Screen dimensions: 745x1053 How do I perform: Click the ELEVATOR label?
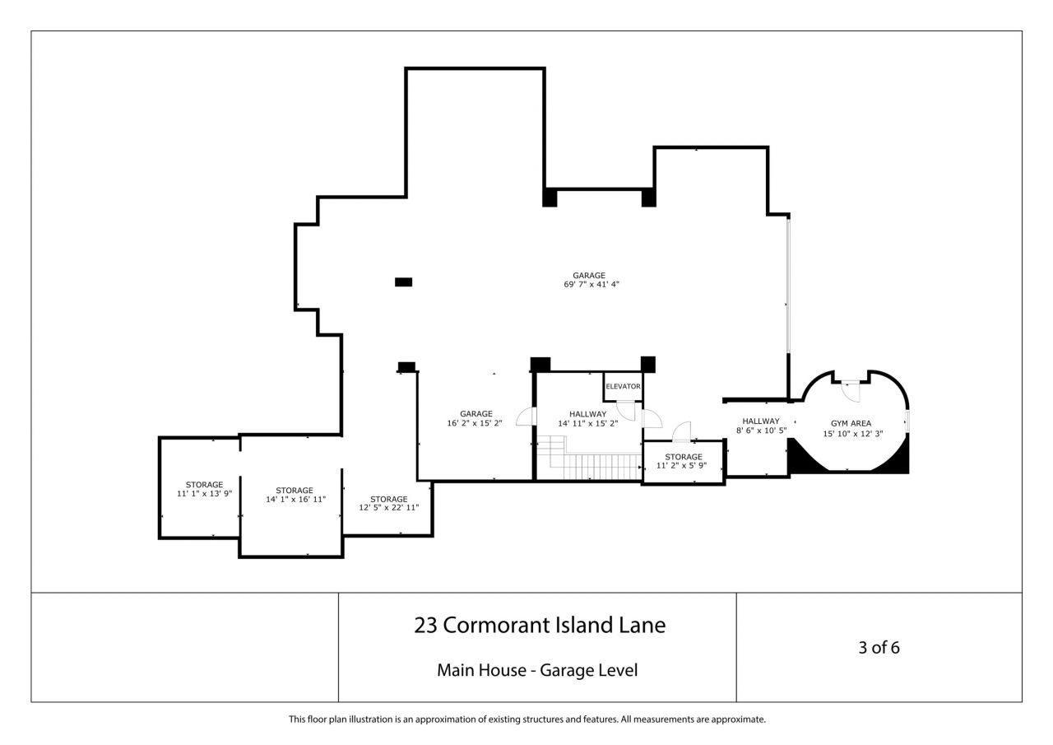coord(623,386)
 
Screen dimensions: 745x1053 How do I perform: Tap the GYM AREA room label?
coord(851,423)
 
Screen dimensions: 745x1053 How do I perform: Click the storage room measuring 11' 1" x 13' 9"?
coord(204,489)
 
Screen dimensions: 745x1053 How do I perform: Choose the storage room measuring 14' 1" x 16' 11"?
coord(295,495)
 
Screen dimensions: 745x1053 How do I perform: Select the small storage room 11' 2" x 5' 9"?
coord(683,461)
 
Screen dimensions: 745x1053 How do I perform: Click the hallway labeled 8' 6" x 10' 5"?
coord(760,426)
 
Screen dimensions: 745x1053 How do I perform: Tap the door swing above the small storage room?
coord(681,431)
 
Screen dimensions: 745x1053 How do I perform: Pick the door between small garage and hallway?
coord(525,417)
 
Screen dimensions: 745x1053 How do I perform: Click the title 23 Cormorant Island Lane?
coord(539,626)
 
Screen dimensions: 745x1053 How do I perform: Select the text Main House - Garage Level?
coord(537,670)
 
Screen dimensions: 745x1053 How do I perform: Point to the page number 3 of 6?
coord(879,647)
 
